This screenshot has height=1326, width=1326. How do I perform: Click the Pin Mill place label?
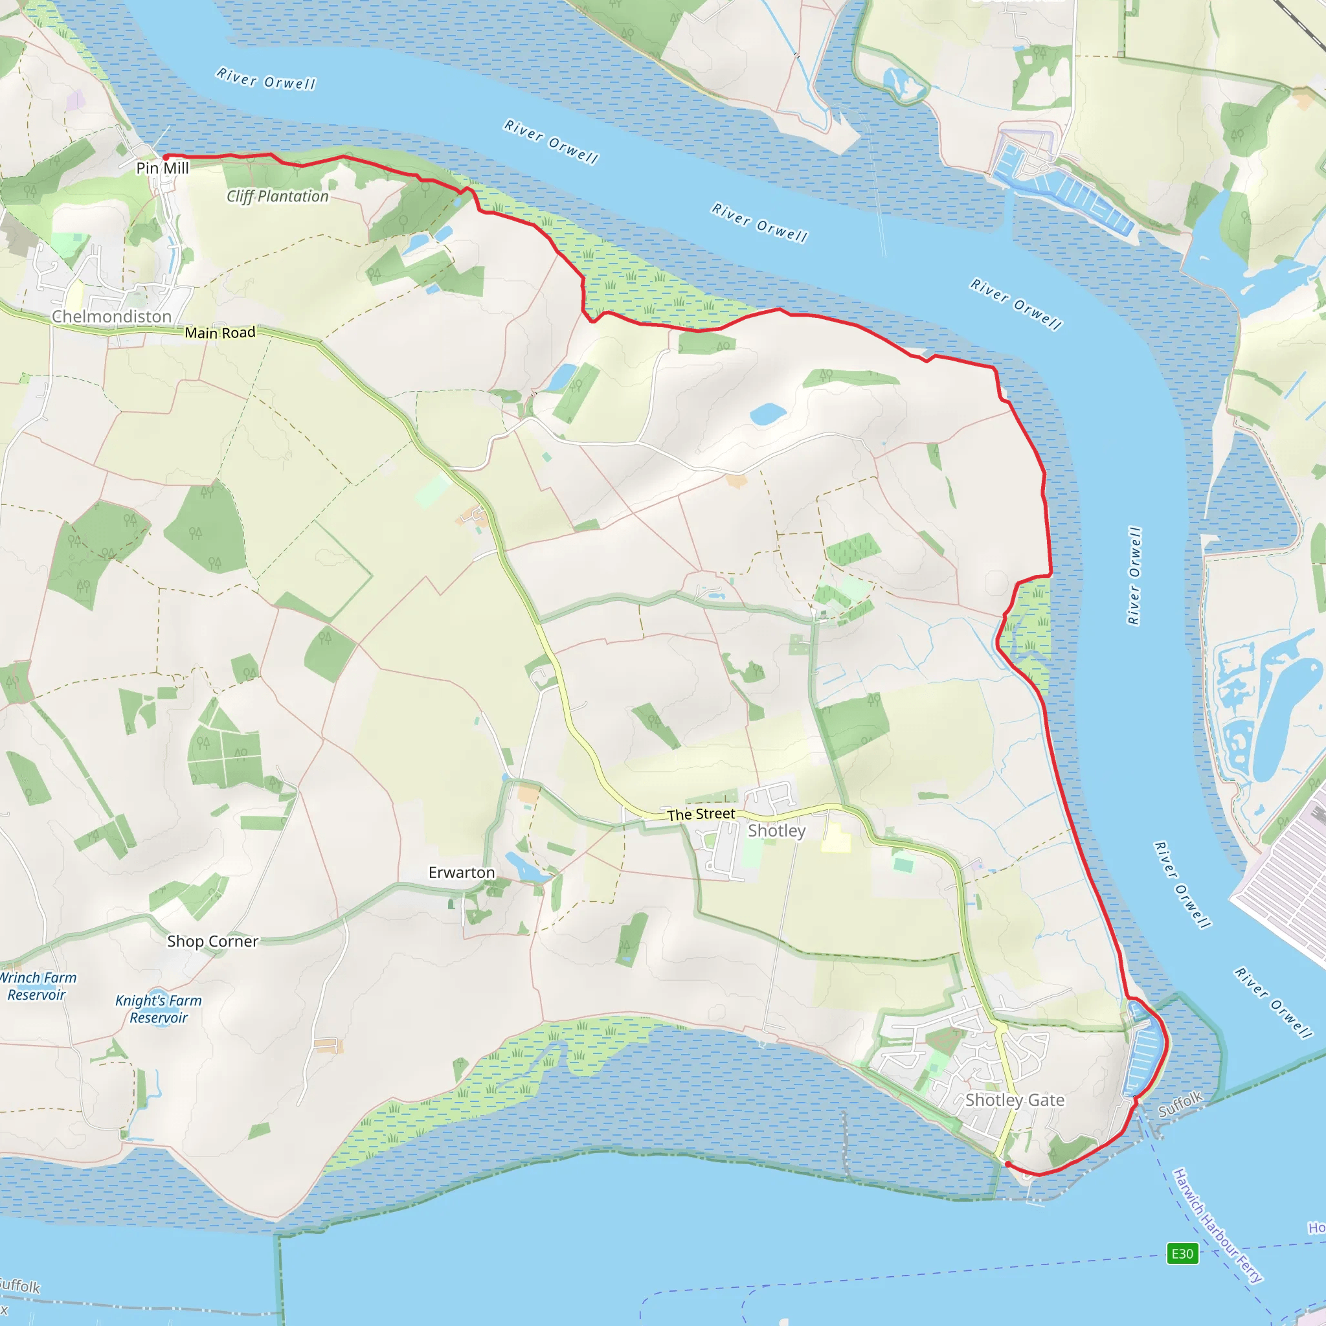coord(162,168)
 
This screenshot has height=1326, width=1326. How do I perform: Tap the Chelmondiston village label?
coord(111,317)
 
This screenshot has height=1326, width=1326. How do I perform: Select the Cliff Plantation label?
coord(277,196)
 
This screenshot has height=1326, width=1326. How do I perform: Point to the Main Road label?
coord(219,333)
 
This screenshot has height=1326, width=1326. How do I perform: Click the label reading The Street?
coord(701,814)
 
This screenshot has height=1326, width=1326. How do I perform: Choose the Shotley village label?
coord(776,831)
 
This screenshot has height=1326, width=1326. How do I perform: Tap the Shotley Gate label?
coord(1015,1099)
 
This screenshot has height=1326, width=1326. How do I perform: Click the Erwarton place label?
coord(461,872)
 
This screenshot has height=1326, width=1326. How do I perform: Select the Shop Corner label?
coord(213,941)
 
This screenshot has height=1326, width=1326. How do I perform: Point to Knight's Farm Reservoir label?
coord(159,1009)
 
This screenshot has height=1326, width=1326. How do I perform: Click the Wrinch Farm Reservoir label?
coord(37,986)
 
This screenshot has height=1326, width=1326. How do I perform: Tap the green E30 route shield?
coord(1182,1254)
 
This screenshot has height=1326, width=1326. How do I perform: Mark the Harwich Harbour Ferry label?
coord(1217,1225)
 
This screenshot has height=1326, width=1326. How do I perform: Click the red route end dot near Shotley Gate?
coord(1007,1164)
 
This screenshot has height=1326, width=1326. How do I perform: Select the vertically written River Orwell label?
coord(1134,576)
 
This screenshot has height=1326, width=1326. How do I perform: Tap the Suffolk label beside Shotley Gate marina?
coord(1180,1104)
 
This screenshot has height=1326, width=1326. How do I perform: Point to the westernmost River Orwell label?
coord(265,79)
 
